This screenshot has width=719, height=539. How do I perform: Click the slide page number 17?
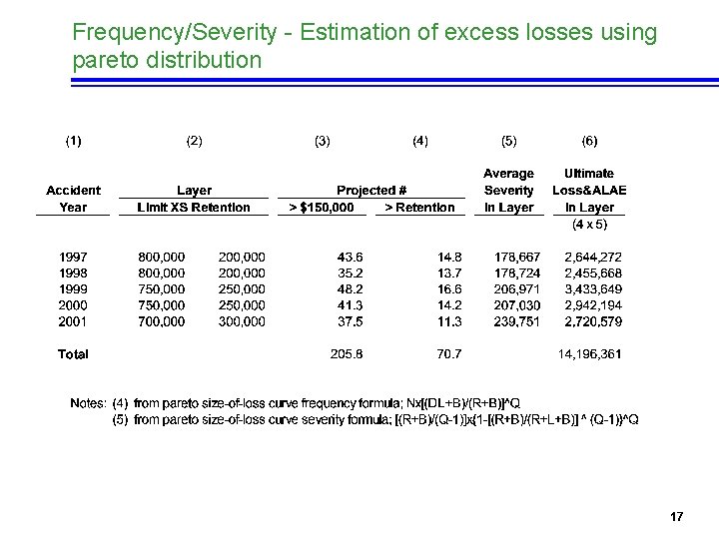676,516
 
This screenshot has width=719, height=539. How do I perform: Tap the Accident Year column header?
73,199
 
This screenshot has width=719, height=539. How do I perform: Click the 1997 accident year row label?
73,257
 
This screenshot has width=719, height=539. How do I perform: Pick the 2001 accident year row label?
73,321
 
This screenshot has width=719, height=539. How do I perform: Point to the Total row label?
73,353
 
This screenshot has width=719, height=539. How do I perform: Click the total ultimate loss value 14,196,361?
589,353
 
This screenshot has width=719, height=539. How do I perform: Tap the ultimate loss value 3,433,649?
593,288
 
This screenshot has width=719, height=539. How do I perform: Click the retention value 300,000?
242,321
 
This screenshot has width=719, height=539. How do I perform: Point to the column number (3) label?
323,141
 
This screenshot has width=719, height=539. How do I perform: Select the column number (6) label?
589,141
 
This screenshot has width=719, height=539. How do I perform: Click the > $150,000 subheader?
320,208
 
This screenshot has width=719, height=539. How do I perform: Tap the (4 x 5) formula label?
589,225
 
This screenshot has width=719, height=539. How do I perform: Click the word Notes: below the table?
88,403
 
